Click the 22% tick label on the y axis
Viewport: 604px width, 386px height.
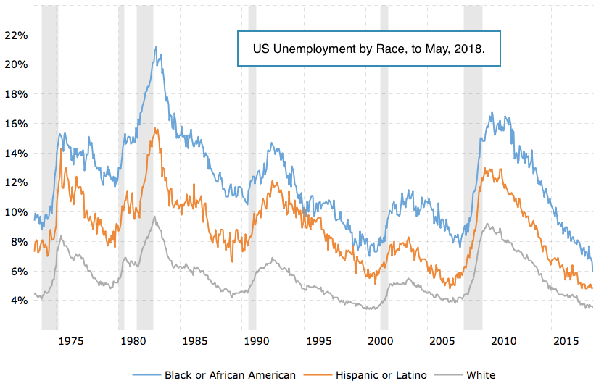coord(17,35)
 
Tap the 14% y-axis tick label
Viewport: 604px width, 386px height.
coord(17,153)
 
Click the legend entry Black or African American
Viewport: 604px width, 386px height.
coord(230,374)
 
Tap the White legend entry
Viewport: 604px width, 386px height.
coord(481,374)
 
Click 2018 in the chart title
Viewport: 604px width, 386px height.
coord(470,49)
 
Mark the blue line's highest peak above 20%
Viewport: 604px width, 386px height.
coord(156,48)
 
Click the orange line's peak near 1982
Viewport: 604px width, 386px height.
coord(155,129)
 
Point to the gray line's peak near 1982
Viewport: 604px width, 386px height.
coord(154,217)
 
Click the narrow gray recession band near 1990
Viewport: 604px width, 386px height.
coord(252,167)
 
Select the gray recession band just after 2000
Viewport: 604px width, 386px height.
coord(384,167)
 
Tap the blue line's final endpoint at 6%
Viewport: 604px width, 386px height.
coord(593,271)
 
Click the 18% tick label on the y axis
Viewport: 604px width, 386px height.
coord(17,94)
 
